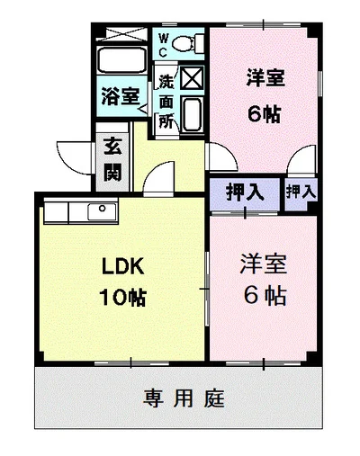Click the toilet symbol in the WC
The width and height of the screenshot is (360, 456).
pos(188,43)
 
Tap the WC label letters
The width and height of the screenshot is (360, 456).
pos(163,45)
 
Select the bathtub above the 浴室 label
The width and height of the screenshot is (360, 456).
pos(121,60)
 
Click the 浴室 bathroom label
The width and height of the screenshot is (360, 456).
pos(121,96)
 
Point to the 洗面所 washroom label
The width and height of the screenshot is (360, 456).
pos(166,101)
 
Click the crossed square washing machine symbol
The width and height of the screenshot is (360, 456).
pos(193,78)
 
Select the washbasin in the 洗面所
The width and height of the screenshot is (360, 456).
pos(193,114)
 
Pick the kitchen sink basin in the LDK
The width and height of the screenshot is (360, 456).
pos(102,211)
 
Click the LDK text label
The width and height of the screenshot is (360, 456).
pos(123,266)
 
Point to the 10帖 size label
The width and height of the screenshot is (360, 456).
pos(123,297)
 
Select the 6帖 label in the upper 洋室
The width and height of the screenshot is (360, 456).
pos(264,114)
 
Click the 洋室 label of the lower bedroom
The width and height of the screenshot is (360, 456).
pos(264,264)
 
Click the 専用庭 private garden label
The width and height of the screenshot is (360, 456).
pos(184,398)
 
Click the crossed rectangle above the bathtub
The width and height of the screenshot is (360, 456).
pos(121,34)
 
